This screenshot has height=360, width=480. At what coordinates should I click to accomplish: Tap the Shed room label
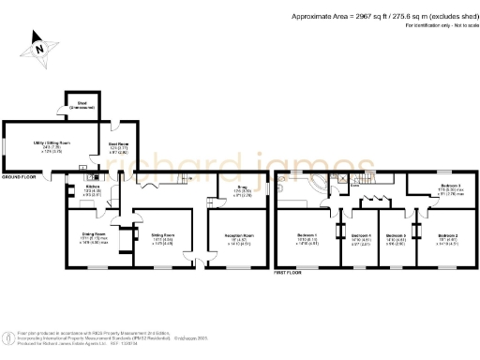tap(81, 105)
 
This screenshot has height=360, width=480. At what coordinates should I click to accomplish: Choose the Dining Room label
tap(93, 234)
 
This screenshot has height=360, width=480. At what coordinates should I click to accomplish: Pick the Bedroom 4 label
tap(361, 237)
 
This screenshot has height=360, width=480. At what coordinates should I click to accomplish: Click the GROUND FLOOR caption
tap(18, 176)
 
